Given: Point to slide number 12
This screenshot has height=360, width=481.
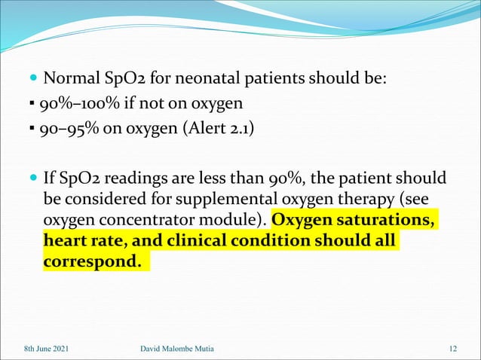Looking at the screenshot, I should tap(452, 348).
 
